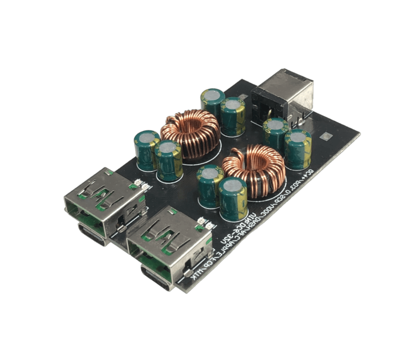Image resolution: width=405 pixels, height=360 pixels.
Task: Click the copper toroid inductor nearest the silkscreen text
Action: click(255, 170)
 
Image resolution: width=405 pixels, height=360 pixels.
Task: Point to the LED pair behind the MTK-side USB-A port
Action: click(205, 222)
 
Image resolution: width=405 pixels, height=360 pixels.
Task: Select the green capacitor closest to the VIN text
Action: click(232, 198)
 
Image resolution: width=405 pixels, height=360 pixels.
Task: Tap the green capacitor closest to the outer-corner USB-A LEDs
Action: click(168, 160)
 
